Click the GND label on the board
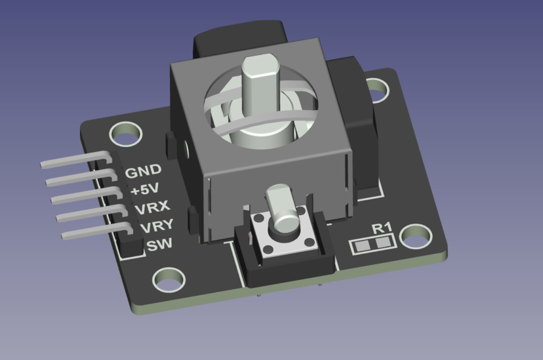pyautogui.click(x=143, y=172)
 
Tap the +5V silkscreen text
pyautogui.click(x=144, y=191)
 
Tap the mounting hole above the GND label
pyautogui.click(x=123, y=136)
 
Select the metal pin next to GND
pyautogui.click(x=72, y=159)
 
